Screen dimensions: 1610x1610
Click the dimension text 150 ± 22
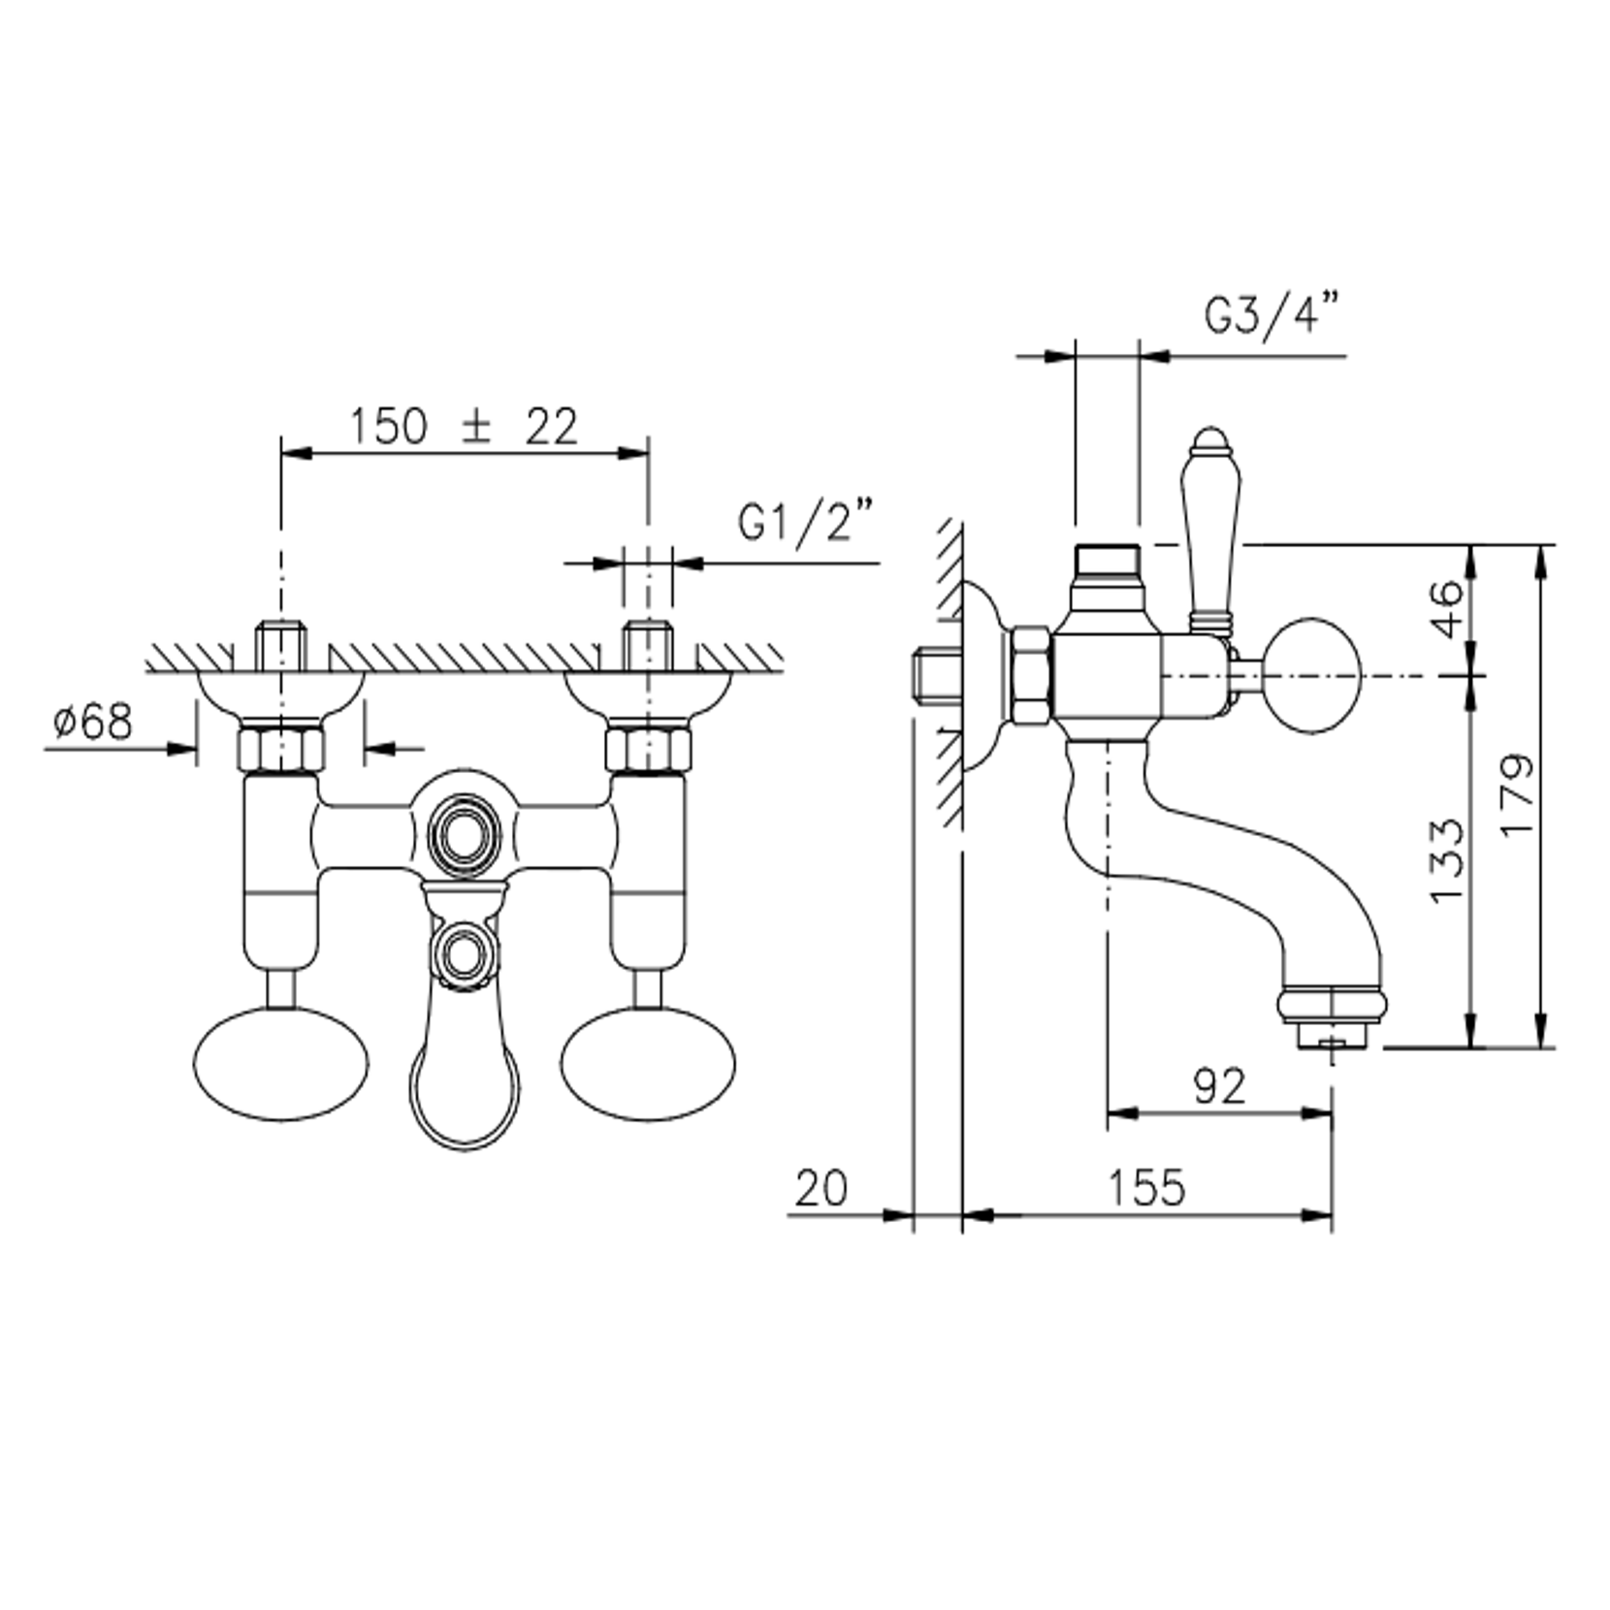click(x=463, y=427)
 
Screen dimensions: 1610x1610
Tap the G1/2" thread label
click(x=805, y=522)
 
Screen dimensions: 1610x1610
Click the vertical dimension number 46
click(x=1446, y=608)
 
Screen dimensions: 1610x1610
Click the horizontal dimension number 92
click(x=1219, y=1086)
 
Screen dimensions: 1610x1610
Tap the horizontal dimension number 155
click(x=1146, y=1187)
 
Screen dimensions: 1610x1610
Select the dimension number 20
click(x=821, y=1187)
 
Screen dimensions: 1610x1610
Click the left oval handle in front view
click(x=281, y=1064)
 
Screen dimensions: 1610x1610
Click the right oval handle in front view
click(x=648, y=1064)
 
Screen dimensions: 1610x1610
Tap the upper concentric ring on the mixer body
click(x=465, y=832)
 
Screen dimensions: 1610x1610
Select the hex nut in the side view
click(x=1031, y=675)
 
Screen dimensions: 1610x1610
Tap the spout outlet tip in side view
click(x=1333, y=1028)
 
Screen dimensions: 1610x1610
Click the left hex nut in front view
click(x=281, y=748)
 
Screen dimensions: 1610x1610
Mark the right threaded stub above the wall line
click(x=648, y=644)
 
